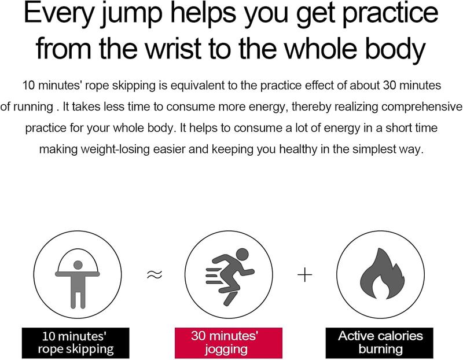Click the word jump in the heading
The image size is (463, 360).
[x=131, y=14]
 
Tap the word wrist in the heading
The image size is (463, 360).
[x=174, y=49]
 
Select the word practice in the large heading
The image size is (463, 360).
[x=390, y=14]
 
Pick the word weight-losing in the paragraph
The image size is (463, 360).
[x=115, y=149]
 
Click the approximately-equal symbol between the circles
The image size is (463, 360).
[x=155, y=275]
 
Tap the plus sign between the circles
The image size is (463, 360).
[x=305, y=275]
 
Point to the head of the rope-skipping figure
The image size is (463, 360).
[x=78, y=265]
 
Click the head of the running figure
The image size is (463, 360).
[x=242, y=254]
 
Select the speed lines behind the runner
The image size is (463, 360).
[x=213, y=276]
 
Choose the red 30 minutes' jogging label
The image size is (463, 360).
[x=229, y=343]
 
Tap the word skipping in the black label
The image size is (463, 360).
[x=90, y=350]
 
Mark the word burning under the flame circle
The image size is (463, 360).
[x=381, y=350]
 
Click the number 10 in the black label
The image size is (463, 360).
[x=49, y=336]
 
